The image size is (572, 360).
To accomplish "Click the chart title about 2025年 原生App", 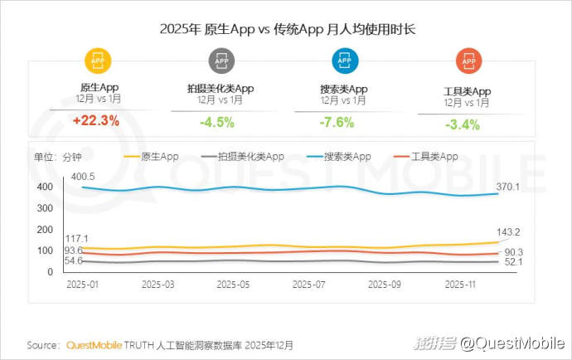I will (x=287, y=28).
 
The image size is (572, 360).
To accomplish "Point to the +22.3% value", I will (x=96, y=120).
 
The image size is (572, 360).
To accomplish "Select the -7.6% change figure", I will (x=337, y=123).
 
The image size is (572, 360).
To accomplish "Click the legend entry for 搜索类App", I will (x=338, y=156).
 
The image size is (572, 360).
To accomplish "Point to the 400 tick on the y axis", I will (x=45, y=187).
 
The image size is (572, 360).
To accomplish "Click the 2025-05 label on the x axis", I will (x=232, y=284).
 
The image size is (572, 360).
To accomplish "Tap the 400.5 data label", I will (x=84, y=177).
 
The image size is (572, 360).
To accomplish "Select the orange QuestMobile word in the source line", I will (x=95, y=344).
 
